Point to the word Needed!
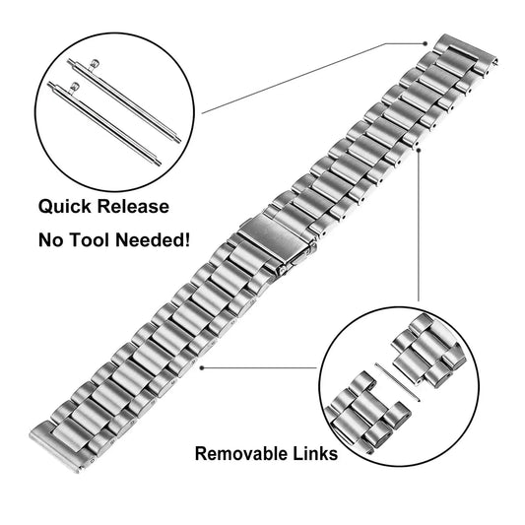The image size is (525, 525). click(154, 239)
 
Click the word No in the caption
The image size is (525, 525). click(51, 239)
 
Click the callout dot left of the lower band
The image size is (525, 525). click(201, 368)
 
